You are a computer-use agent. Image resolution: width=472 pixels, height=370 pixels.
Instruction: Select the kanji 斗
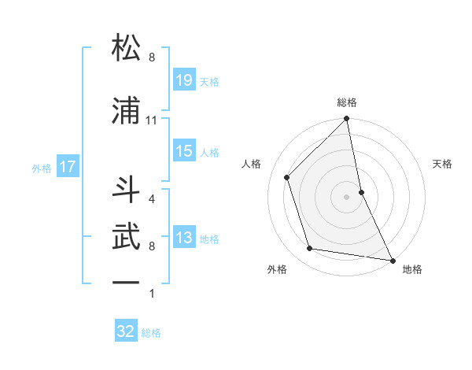tap(127, 190)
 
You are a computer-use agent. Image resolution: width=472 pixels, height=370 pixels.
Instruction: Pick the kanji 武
tap(127, 235)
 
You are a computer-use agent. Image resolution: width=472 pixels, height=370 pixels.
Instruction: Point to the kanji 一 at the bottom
tap(127, 281)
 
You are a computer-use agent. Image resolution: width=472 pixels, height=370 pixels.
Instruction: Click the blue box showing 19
tap(184, 80)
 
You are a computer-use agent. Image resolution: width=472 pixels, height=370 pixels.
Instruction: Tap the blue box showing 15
tap(184, 151)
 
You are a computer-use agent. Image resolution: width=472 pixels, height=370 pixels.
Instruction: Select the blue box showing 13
tap(184, 239)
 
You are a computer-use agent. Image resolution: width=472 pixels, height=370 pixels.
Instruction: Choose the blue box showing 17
tap(67, 167)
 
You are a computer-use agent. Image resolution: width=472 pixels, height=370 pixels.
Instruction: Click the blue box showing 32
tap(126, 331)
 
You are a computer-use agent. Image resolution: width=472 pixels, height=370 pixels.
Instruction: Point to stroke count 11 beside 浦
tap(152, 120)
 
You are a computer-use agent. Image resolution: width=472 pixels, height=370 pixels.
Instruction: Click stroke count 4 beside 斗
tap(151, 199)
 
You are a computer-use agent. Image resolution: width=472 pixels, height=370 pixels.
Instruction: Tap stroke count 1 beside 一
tap(151, 294)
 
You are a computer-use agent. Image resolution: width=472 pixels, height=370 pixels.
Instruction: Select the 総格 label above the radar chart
tap(347, 102)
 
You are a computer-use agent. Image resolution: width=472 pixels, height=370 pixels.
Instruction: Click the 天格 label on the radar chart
tap(442, 164)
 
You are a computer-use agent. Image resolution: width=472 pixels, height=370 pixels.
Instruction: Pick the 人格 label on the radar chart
tap(252, 164)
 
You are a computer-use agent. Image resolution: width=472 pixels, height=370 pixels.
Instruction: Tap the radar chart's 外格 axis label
tap(277, 269)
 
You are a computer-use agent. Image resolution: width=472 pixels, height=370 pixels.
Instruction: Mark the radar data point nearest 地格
tap(392, 260)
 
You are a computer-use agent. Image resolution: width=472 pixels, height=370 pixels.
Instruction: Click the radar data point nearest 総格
tap(347, 119)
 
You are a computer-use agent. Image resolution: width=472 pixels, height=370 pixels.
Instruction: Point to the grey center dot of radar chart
tap(346, 196)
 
